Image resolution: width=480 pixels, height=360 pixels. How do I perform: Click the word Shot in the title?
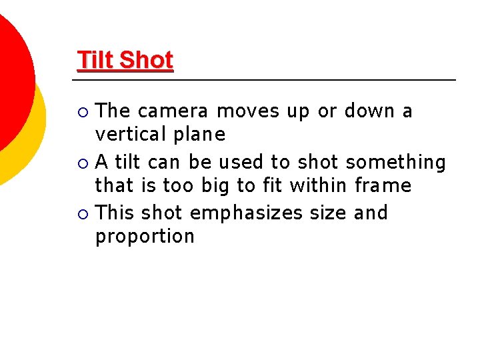click(147, 60)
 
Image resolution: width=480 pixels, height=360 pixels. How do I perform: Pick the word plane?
click(199, 135)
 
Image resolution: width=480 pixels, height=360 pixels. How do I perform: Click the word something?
click(396, 163)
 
